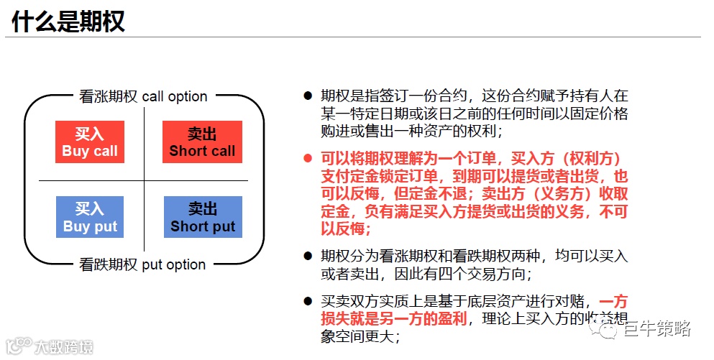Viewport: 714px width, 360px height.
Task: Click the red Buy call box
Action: (90, 142)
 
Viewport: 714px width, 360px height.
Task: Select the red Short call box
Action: (202, 142)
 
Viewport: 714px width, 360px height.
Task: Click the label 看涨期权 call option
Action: (143, 96)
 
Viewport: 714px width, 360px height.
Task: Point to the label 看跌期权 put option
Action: (142, 264)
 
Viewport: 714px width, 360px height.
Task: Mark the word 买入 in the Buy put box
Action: (90, 209)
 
